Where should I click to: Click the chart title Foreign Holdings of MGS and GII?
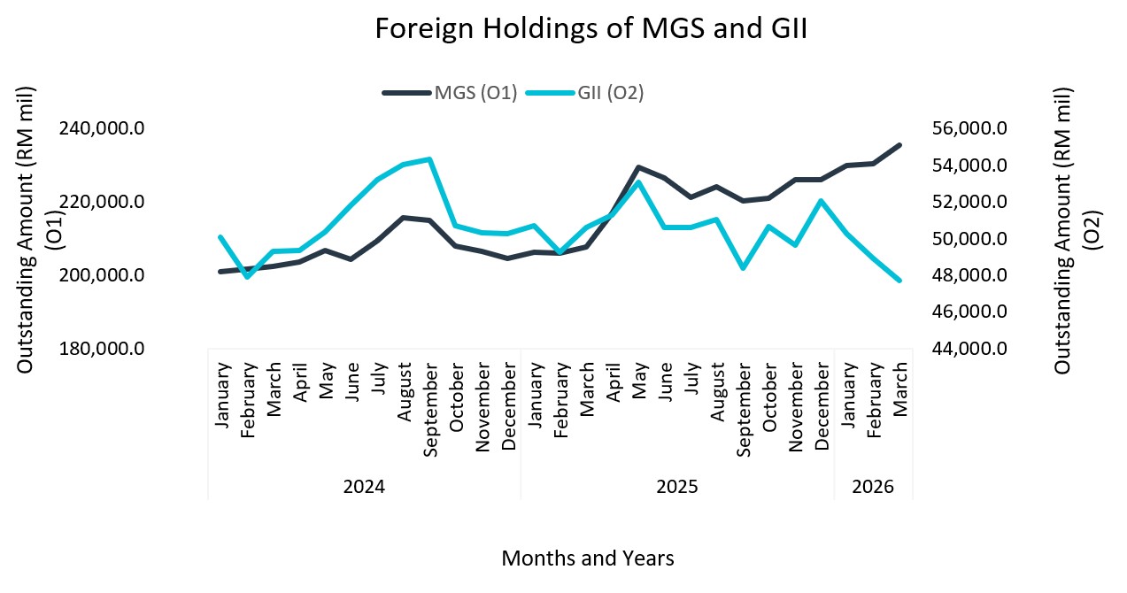pyautogui.click(x=591, y=28)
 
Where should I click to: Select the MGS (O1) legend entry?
pyautogui.click(x=475, y=93)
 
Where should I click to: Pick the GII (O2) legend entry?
pyautogui.click(x=610, y=93)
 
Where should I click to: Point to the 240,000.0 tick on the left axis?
pyautogui.click(x=102, y=128)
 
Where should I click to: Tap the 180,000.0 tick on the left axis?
pyautogui.click(x=102, y=349)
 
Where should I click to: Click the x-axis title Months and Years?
pyautogui.click(x=588, y=558)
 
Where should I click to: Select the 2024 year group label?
pyautogui.click(x=364, y=487)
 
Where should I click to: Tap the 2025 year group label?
pyautogui.click(x=677, y=487)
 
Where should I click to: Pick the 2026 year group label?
pyautogui.click(x=873, y=487)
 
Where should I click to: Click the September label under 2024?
pyautogui.click(x=430, y=408)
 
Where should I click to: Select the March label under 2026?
pyautogui.click(x=899, y=389)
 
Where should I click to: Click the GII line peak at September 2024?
pyautogui.click(x=429, y=159)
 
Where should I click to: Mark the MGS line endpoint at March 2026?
pyautogui.click(x=899, y=145)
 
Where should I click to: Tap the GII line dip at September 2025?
pyautogui.click(x=743, y=267)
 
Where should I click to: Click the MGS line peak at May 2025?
pyautogui.click(x=638, y=167)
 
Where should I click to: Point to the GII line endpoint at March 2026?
pyautogui.click(x=899, y=280)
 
